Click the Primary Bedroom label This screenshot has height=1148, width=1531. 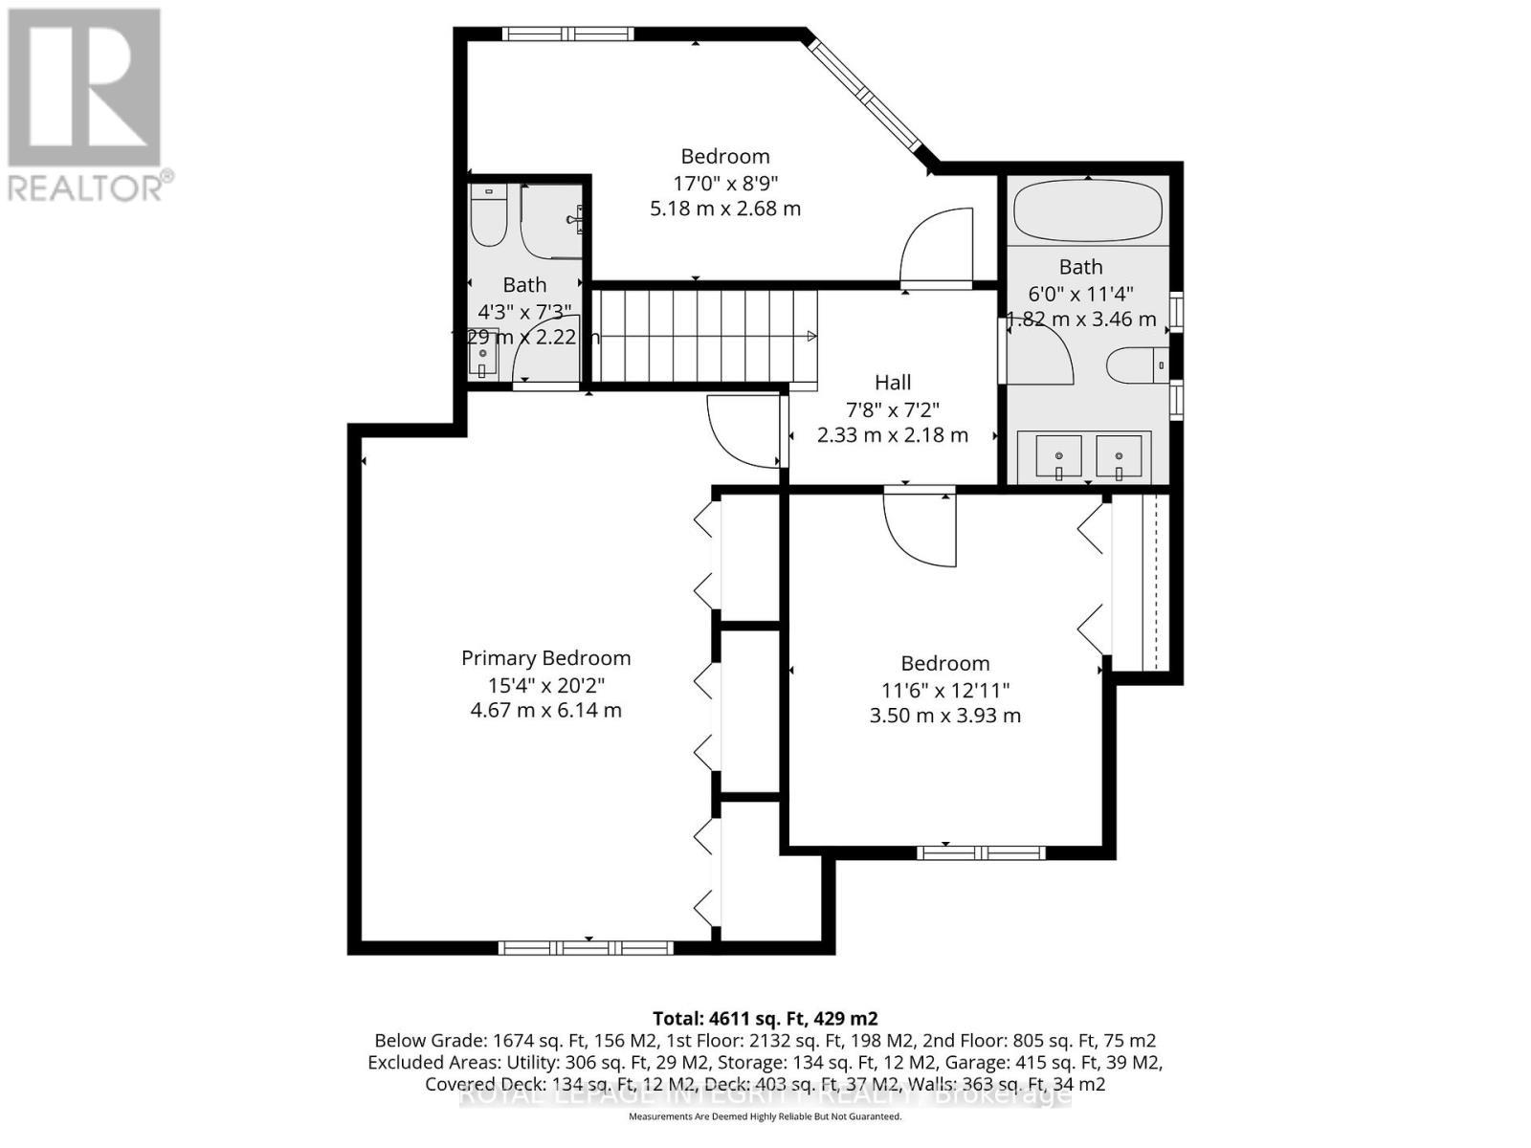[x=545, y=658]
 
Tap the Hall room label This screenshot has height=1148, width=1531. [x=893, y=383]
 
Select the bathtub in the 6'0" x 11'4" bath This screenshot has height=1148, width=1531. [x=1088, y=211]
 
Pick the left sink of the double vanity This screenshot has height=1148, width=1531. [x=1058, y=456]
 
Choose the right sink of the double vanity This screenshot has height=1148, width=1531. [x=1119, y=456]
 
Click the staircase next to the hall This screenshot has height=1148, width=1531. [x=706, y=336]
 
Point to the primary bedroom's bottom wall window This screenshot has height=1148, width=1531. [x=586, y=948]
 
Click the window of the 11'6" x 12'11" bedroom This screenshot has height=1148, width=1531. [x=981, y=852]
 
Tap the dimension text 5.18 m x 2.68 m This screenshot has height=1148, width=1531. [x=725, y=209]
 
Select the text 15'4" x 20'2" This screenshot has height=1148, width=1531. [x=545, y=685]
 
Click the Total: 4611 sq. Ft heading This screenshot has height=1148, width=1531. [x=765, y=1018]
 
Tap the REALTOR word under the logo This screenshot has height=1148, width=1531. [x=86, y=187]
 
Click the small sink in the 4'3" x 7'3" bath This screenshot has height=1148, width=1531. [x=483, y=354]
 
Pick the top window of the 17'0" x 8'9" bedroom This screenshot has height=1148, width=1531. [x=568, y=34]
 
